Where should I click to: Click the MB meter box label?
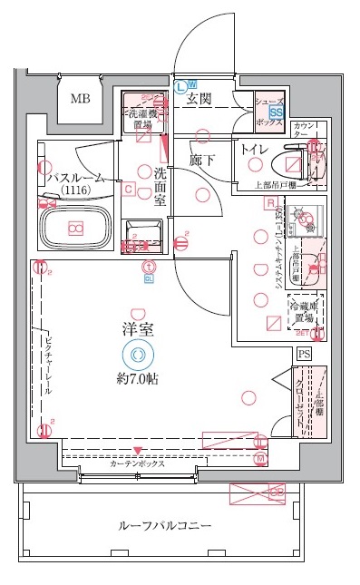tap(81, 99)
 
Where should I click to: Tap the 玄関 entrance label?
tap(199, 99)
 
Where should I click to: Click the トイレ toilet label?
tap(254, 150)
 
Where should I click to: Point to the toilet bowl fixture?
tap(293, 166)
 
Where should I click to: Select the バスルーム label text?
tap(75, 177)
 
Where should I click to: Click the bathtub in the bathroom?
tap(76, 229)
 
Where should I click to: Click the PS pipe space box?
tap(304, 354)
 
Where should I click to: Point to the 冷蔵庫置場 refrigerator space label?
tap(302, 314)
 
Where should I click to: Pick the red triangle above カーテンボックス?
tap(138, 450)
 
